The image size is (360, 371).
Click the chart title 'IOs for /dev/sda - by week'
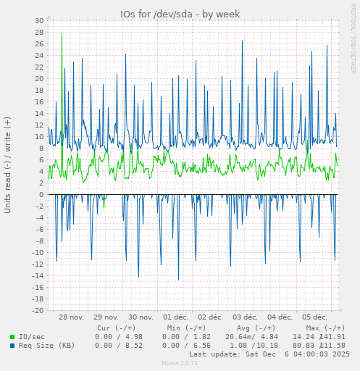point(180,14)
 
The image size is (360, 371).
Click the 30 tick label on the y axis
point(39,20)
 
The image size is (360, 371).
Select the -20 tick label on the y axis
point(37,310)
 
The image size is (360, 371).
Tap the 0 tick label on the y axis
point(41,194)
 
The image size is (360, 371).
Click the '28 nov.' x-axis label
point(72,317)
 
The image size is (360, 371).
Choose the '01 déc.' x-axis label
point(177,317)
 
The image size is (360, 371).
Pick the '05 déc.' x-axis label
point(314,317)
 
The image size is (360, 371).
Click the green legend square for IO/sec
point(12,336)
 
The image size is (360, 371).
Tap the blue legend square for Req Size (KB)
point(12,345)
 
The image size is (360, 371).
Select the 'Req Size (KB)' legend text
point(47,345)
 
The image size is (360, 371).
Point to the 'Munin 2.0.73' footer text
point(180,362)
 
